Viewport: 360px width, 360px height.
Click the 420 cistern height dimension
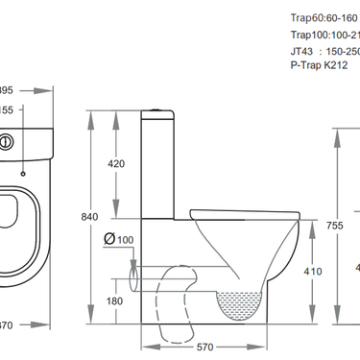(x=116, y=164)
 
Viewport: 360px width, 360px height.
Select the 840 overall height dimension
(x=89, y=218)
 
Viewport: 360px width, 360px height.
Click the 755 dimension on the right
(x=333, y=225)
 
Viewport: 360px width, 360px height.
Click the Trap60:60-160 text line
(x=324, y=16)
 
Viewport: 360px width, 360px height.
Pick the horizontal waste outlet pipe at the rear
(x=140, y=279)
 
